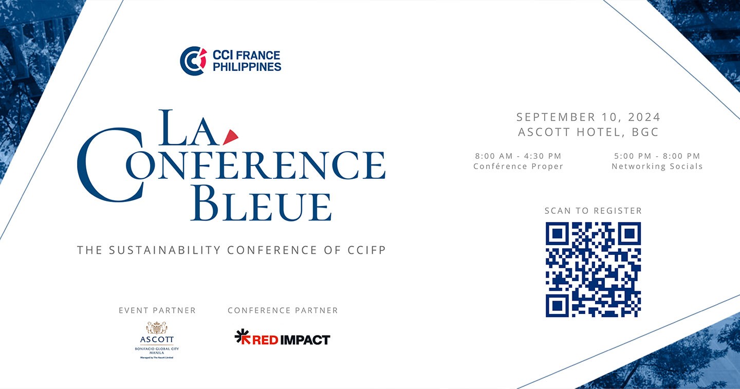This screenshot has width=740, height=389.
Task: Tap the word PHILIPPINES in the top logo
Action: pos(247,67)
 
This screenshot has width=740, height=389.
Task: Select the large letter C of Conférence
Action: pos(110,164)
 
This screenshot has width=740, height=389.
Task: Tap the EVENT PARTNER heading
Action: pos(157,310)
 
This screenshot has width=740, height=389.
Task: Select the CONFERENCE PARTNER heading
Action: pos(283,310)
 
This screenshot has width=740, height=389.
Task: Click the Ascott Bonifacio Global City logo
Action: pos(157,340)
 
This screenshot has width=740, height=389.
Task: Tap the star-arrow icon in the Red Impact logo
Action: pos(242,337)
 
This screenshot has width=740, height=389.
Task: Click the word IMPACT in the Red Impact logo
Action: pos(308,340)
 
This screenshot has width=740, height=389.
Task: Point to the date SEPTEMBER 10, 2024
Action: pos(588,117)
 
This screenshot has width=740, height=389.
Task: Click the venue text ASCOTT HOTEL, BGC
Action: pos(588,132)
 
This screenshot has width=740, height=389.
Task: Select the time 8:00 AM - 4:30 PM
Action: pos(518,156)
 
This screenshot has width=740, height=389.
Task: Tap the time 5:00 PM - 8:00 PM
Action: pos(657,156)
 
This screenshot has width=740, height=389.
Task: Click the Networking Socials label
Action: pos(657,166)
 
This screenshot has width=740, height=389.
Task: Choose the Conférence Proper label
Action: pos(518,166)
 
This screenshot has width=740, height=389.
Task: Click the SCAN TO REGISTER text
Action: pos(593,211)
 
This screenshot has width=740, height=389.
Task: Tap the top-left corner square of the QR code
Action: pos(557,234)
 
